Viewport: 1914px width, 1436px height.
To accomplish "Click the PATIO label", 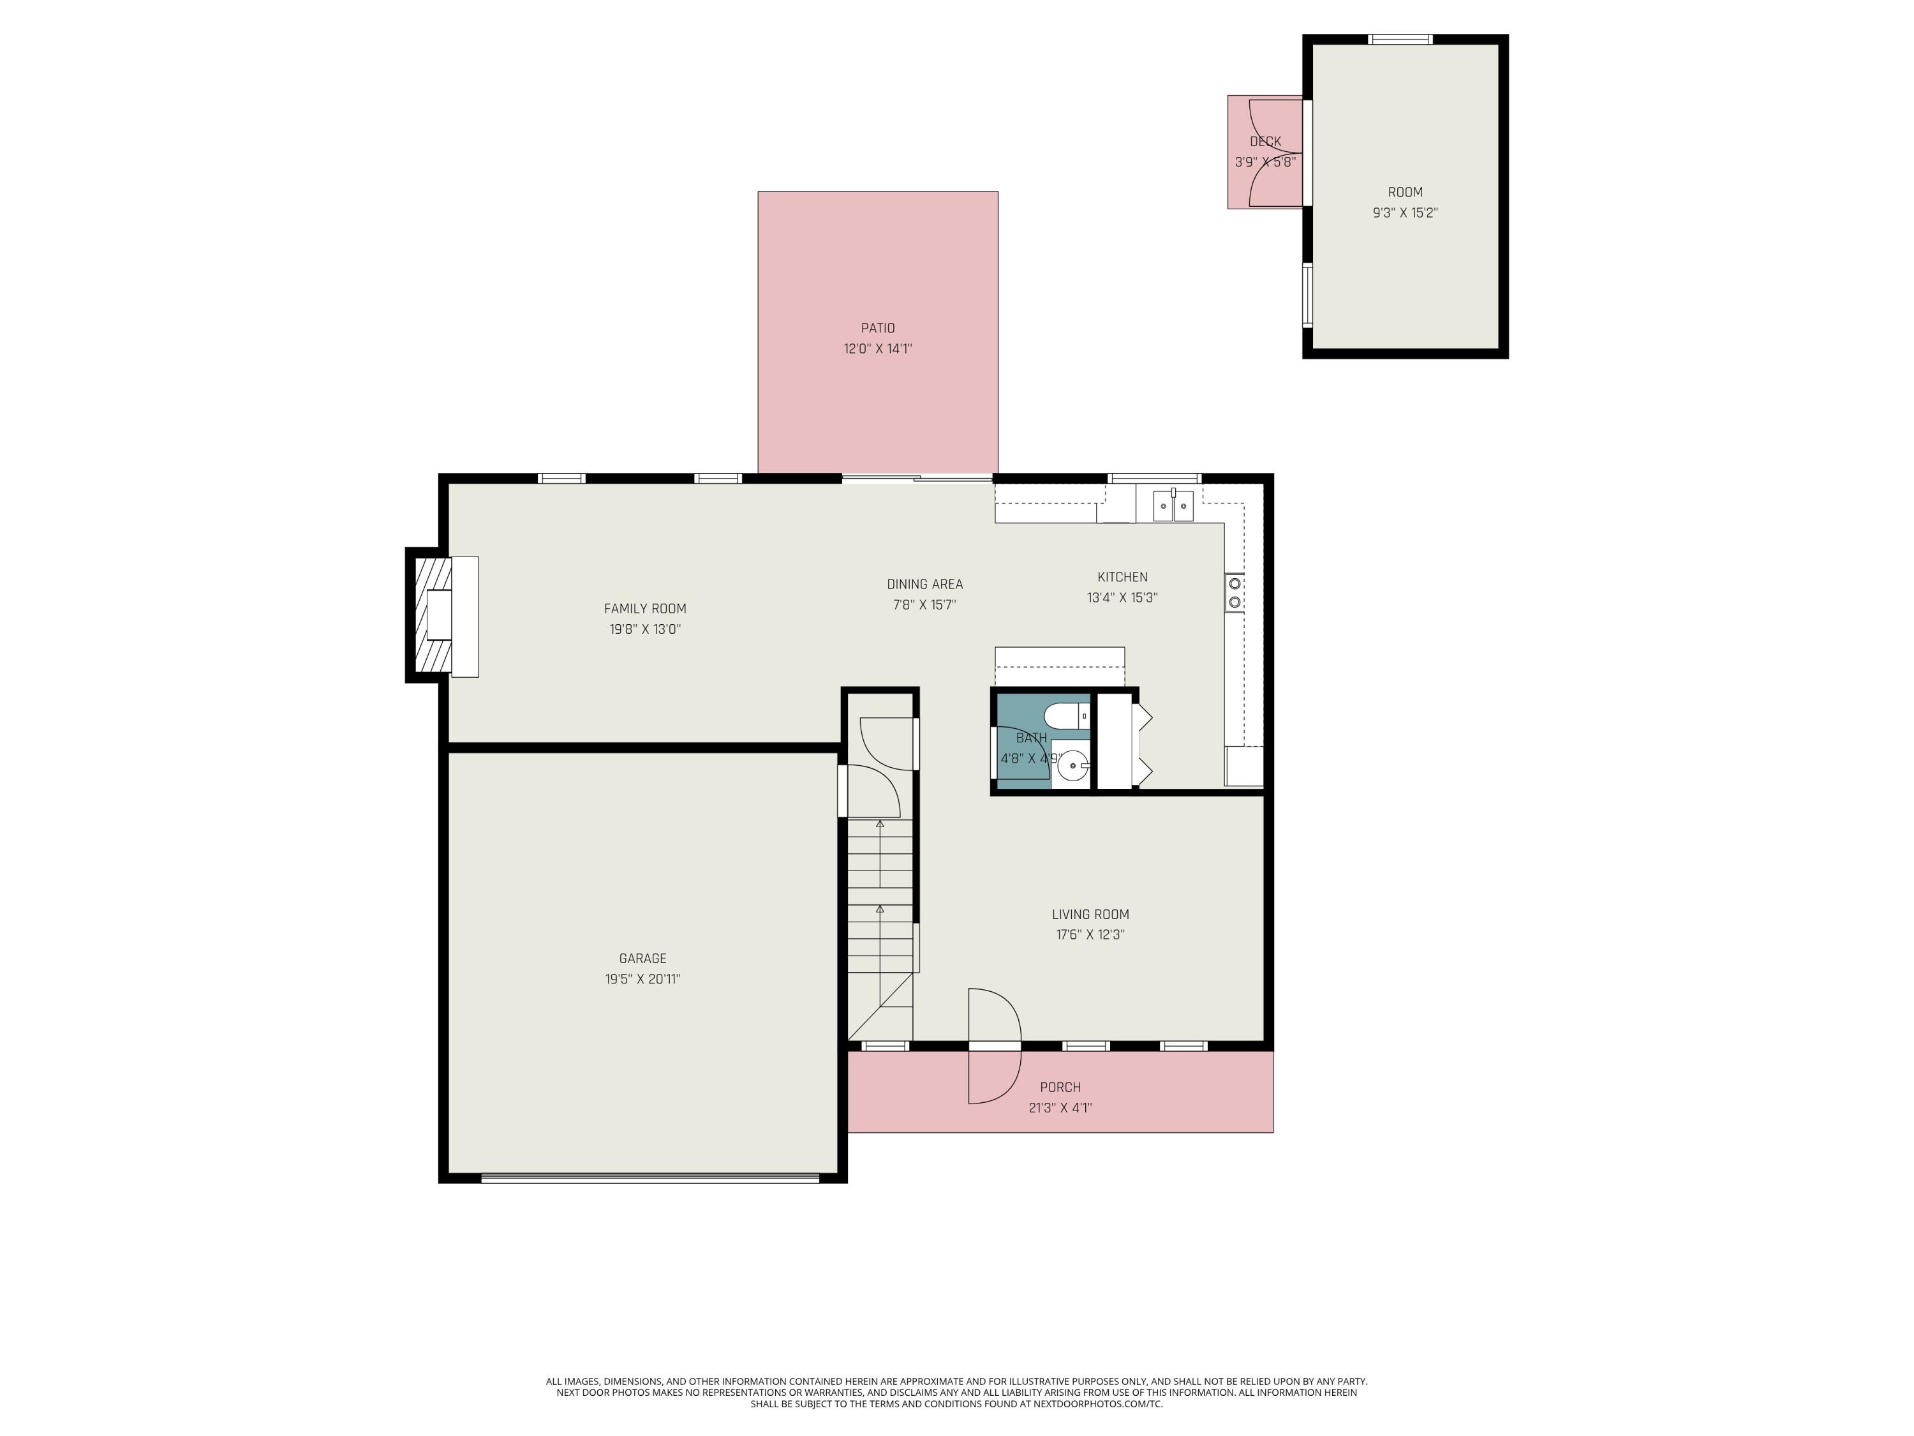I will [x=877, y=328].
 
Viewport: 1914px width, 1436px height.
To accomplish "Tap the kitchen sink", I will [x=1173, y=505].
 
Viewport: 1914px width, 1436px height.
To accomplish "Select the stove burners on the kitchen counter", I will [x=1235, y=593].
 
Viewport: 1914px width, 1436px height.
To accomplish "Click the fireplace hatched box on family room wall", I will [x=433, y=615].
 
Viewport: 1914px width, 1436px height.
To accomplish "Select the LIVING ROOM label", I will [x=1090, y=914].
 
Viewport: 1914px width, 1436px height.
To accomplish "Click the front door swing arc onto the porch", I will [x=995, y=1045].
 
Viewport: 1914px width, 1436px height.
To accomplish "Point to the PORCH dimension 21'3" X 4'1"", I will [x=1060, y=1107].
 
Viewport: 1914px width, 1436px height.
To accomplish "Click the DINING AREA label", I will [x=924, y=584].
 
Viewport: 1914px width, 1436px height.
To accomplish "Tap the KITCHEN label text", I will [x=1122, y=576].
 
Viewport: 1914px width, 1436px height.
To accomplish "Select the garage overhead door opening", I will [x=649, y=1177].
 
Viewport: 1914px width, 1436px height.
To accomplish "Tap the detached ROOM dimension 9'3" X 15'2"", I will [x=1404, y=213].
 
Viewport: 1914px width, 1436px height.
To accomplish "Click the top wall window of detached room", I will [x=1399, y=39].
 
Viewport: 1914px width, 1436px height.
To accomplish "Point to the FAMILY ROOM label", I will [x=644, y=608].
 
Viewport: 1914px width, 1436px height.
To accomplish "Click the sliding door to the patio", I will [x=917, y=478].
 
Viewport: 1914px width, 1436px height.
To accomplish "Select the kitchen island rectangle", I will [x=1059, y=666].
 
